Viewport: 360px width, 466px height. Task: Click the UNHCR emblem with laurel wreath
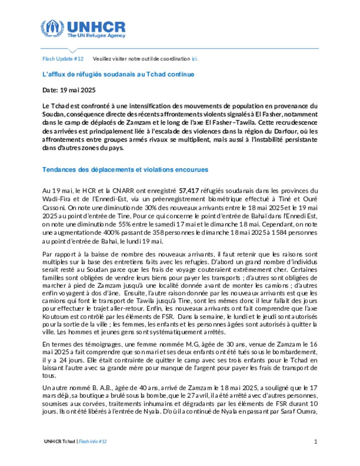(52, 28)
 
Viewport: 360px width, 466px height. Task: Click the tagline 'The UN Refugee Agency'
(96, 36)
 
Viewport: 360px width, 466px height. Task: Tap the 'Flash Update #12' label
(63, 59)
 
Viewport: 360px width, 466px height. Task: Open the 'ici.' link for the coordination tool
(195, 59)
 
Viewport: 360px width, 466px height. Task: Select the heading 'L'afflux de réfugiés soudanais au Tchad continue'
(118, 74)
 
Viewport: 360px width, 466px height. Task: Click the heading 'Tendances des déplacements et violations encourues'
(125, 170)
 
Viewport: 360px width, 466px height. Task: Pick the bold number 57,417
(189, 191)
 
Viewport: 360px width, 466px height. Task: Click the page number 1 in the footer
(316, 441)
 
